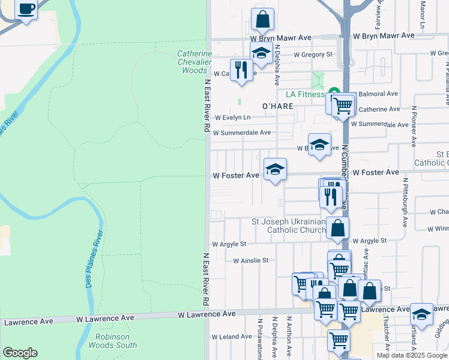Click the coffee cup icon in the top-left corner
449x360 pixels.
click(x=26, y=10)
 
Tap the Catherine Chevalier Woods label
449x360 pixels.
click(x=194, y=62)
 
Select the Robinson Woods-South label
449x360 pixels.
click(x=112, y=340)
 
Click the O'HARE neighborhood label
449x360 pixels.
click(x=278, y=106)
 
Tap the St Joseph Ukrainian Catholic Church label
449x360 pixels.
click(x=289, y=226)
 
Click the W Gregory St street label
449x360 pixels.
click(x=313, y=55)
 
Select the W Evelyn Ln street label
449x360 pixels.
click(x=232, y=118)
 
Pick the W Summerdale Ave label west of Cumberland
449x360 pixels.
click(x=242, y=133)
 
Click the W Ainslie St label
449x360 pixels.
click(x=250, y=260)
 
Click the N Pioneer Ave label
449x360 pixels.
click(x=414, y=128)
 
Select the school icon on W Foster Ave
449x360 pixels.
click(x=275, y=170)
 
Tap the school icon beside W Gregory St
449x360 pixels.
click(x=261, y=53)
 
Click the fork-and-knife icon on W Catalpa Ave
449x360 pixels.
click(x=241, y=70)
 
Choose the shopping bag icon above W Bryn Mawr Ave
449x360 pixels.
click(x=262, y=19)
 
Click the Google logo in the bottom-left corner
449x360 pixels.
click(x=20, y=353)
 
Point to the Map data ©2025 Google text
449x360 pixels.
click(x=411, y=355)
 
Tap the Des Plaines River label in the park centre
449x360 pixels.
click(x=95, y=264)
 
